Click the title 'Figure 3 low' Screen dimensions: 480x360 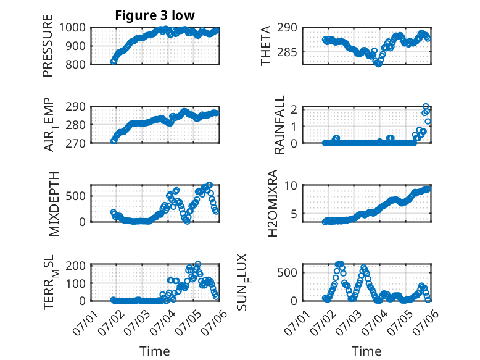pyautogui.click(x=155, y=15)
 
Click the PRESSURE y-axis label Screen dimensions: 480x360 pyautogui.click(x=48, y=46)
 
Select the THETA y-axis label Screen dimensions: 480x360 pyautogui.click(x=266, y=46)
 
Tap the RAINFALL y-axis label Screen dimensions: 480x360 pyautogui.click(x=279, y=125)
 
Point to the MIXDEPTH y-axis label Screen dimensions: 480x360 pyautogui.click(x=54, y=204)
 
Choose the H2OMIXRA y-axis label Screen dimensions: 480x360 pyautogui.click(x=272, y=203)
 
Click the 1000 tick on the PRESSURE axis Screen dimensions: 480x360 pyautogui.click(x=72, y=28)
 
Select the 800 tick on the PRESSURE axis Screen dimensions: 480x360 pyautogui.click(x=76, y=64)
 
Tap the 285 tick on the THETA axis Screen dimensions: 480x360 pyautogui.click(x=288, y=52)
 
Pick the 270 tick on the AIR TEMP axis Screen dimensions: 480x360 pyautogui.click(x=76, y=143)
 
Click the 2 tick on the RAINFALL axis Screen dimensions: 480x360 pyautogui.click(x=294, y=109)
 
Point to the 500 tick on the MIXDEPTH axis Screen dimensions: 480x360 pyautogui.click(x=76, y=196)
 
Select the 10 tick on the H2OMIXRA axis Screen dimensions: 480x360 pyautogui.click(x=291, y=185)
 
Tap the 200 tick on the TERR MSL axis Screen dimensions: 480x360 pyautogui.click(x=76, y=266)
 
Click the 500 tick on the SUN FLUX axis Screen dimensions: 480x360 pyautogui.click(x=288, y=273)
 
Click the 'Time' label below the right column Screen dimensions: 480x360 pyautogui.click(x=366, y=351)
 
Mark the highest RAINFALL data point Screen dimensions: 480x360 pyautogui.click(x=426, y=107)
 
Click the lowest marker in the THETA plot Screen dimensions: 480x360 pyautogui.click(x=379, y=64)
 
